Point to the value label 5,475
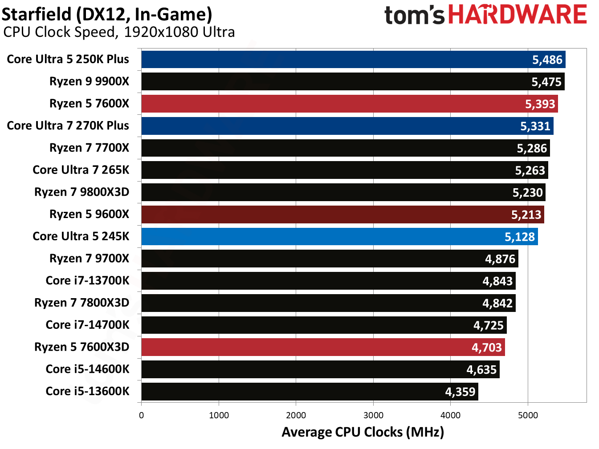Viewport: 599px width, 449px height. (546, 82)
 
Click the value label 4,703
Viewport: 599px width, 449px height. (486, 347)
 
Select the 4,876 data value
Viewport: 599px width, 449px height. (500, 259)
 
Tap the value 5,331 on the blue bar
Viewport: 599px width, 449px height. (535, 126)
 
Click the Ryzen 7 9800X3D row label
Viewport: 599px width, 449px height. (81, 192)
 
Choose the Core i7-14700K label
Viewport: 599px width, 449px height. (87, 325)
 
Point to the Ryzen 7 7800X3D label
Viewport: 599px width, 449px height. (81, 303)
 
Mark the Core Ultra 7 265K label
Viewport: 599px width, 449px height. (81, 170)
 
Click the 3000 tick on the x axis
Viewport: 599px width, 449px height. (373, 415)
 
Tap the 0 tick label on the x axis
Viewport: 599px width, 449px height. (142, 415)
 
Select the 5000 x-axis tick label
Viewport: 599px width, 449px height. (528, 415)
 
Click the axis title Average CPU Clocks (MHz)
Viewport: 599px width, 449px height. (363, 432)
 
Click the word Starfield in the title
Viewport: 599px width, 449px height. (37, 14)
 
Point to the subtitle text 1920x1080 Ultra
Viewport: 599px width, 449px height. (179, 32)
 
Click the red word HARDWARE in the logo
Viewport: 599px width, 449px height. (518, 15)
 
